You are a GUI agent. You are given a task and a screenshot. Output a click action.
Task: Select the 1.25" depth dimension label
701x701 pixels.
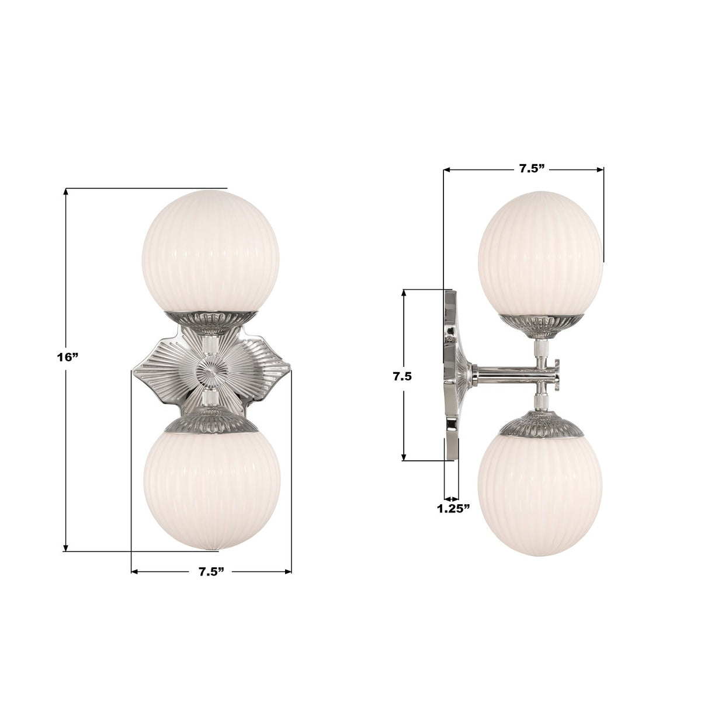click(x=454, y=508)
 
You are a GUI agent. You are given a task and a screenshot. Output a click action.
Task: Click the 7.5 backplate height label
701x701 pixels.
click(x=402, y=377)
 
